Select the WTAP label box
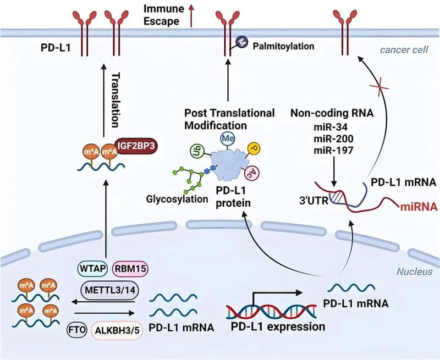(92, 270)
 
